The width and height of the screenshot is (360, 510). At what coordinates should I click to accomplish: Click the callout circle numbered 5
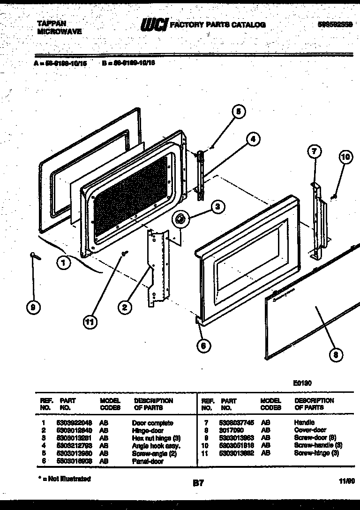pyautogui.click(x=238, y=112)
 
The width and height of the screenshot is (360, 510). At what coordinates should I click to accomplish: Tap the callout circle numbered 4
pyautogui.click(x=252, y=139)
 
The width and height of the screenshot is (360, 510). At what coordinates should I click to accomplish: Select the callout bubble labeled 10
pyautogui.click(x=345, y=157)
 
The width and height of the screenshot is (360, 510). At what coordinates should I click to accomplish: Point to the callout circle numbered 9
pyautogui.click(x=33, y=307)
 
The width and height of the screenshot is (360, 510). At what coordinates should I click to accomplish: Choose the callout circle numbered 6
pyautogui.click(x=203, y=346)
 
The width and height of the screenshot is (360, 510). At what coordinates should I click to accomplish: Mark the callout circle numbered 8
pyautogui.click(x=335, y=355)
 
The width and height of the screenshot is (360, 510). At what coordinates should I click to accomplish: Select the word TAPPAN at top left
pyautogui.click(x=52, y=23)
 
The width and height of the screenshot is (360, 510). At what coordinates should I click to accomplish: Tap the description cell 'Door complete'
pyautogui.click(x=152, y=423)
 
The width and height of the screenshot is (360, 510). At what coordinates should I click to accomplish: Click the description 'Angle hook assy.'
pyautogui.click(x=156, y=446)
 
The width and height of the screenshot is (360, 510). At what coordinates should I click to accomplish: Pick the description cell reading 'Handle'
pyautogui.click(x=304, y=423)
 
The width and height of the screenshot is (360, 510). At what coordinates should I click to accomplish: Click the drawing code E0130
pyautogui.click(x=302, y=383)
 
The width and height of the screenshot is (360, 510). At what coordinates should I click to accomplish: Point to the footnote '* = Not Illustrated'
pyautogui.click(x=64, y=479)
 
